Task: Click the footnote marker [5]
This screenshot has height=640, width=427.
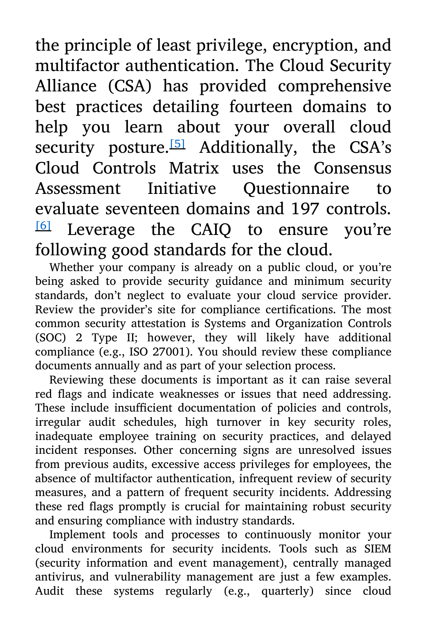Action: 177,144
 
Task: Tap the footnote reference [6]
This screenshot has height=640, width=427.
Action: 43,225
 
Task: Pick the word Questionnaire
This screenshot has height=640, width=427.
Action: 296,189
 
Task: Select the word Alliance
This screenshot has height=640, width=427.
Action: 66,86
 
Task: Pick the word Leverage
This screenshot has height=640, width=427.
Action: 101,230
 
